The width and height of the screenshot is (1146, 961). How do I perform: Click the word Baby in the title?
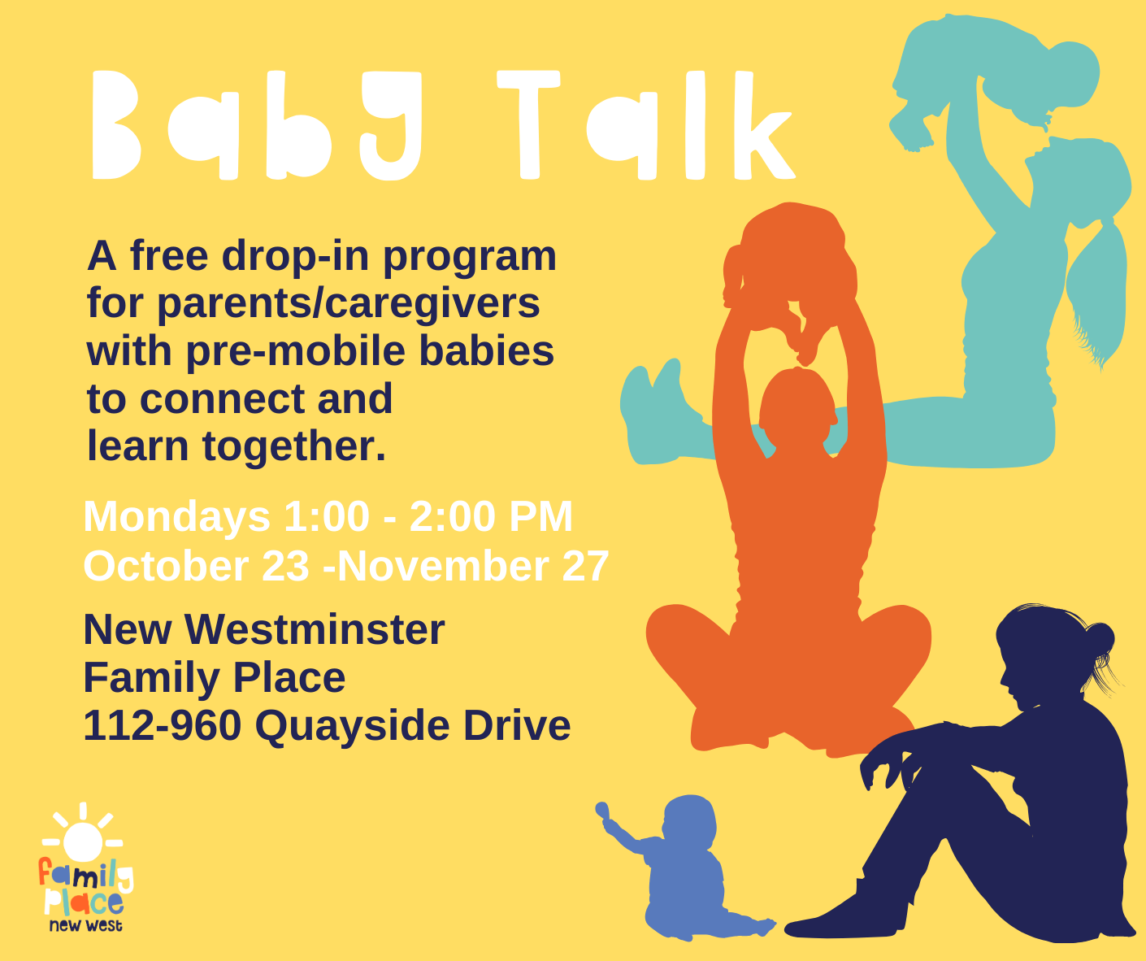(x=257, y=125)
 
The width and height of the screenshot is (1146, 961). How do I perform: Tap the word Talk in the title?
(x=646, y=125)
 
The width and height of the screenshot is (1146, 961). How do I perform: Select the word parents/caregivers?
(x=349, y=304)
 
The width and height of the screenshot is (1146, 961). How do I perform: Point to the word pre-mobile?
(x=296, y=352)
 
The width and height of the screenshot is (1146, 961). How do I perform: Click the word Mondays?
(x=176, y=517)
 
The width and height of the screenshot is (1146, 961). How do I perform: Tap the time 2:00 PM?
(x=491, y=516)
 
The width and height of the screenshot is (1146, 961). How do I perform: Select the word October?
(x=166, y=566)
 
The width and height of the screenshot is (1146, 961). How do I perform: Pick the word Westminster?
(x=315, y=629)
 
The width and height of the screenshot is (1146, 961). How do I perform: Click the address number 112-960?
(x=163, y=726)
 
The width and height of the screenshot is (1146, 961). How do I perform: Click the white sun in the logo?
(x=83, y=841)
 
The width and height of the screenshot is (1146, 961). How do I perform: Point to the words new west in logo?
(x=85, y=925)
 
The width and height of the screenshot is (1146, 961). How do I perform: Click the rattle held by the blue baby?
(x=604, y=811)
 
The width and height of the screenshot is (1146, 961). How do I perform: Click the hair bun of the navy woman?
(x=1099, y=641)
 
